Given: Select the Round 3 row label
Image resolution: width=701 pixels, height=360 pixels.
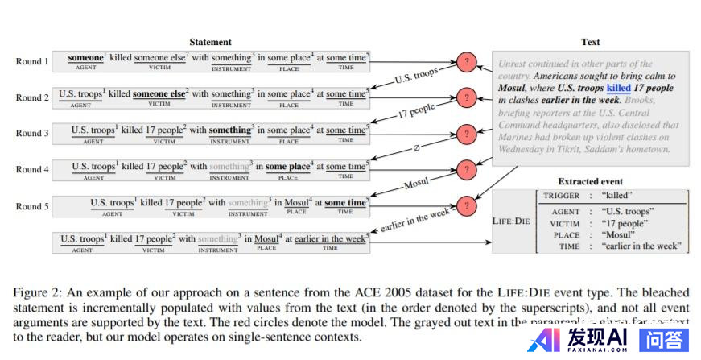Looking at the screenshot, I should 32,133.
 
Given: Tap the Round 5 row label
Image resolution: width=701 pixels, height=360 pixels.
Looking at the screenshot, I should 32,205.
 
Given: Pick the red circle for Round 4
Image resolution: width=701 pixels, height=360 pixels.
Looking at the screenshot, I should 466,169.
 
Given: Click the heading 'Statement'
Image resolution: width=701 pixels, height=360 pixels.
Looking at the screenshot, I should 210,42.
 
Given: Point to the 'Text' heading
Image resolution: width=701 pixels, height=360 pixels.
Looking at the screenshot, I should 590,42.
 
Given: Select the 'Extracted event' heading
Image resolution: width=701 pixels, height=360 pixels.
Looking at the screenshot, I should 590,182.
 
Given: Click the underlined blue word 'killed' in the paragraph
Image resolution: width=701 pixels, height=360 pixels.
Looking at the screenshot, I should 618,87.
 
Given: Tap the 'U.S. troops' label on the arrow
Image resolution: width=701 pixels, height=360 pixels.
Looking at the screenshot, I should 417,77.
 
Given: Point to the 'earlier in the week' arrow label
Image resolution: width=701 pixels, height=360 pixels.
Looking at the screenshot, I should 415,220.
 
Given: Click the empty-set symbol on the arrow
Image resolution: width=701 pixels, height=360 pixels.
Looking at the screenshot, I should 416,148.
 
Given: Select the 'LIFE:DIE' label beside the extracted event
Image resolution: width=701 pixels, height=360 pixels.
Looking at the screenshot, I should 512,220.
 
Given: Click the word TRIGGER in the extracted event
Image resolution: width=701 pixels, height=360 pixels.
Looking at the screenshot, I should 561,196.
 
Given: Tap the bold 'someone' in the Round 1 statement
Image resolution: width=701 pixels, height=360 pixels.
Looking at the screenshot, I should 85,58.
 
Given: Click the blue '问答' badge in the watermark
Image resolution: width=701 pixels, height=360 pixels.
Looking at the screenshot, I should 665,340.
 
